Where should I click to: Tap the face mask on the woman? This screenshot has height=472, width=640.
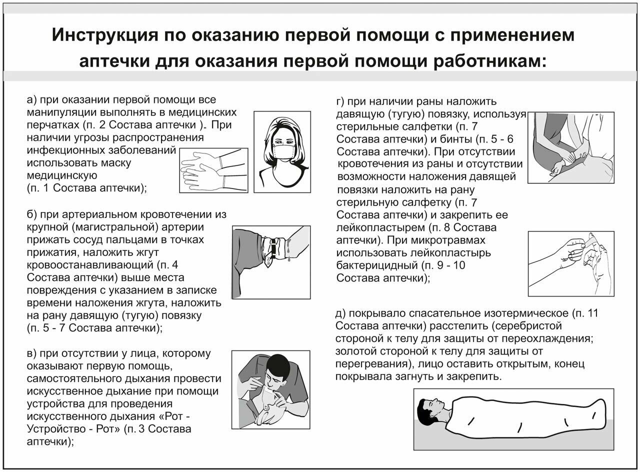[282, 150]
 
